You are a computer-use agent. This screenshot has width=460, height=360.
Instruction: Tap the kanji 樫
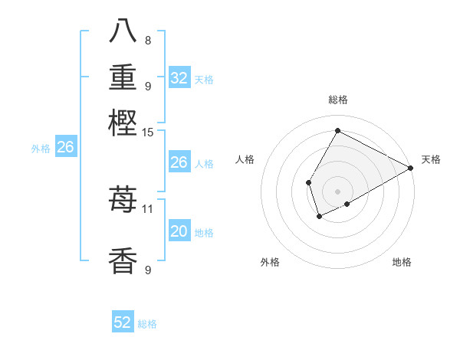pos(123,123)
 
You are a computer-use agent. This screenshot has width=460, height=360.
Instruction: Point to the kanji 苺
pos(123,201)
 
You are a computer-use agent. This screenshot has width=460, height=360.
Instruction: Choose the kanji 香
pos(123,260)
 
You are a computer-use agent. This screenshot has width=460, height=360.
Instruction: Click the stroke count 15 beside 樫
pos(148,133)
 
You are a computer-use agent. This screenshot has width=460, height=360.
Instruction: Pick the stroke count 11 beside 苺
pos(148,208)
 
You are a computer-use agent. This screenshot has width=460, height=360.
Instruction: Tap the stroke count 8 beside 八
pos(148,40)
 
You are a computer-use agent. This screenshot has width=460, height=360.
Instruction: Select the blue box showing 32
pos(179,78)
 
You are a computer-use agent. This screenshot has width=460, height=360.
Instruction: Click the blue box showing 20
pos(179,231)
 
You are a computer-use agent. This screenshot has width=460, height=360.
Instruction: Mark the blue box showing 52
pos(123,322)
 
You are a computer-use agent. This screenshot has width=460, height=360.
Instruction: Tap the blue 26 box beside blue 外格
pos(64,148)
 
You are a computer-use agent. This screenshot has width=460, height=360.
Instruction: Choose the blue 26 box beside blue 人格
pos(179,162)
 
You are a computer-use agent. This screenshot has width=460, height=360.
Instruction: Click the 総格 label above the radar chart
pos(337,100)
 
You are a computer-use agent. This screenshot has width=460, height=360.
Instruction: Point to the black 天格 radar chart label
pos(431,159)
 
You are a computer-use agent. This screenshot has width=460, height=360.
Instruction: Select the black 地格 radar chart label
pos(402,262)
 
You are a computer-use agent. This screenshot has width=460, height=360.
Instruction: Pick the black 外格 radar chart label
pos(270,262)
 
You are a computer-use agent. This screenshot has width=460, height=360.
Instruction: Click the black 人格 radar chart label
pos(245,159)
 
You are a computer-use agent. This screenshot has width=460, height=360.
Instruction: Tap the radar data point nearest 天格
pos(410,169)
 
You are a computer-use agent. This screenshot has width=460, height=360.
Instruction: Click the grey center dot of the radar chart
pos(337,191)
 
